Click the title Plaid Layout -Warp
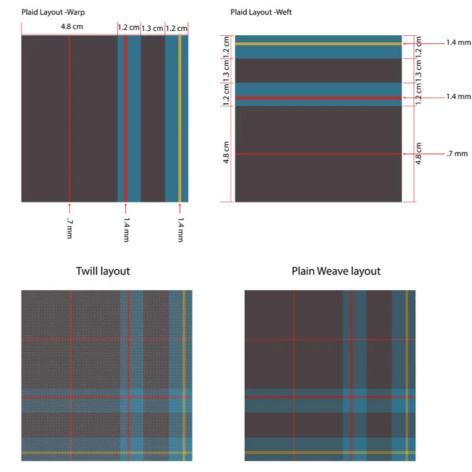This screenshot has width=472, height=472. tap(53, 12)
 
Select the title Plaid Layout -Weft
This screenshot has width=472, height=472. tap(261, 12)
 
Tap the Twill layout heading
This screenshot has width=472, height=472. tap(103, 271)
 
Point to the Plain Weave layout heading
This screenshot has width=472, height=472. tap(336, 271)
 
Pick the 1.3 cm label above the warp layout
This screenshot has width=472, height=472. tap(152, 28)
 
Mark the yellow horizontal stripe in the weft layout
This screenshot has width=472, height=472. tap(318, 44)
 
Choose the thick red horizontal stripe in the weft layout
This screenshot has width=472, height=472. tap(318, 98)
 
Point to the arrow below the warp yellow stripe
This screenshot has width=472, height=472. tap(180, 207)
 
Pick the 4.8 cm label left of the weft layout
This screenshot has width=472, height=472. tap(227, 154)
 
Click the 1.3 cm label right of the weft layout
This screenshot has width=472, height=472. tap(420, 70)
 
